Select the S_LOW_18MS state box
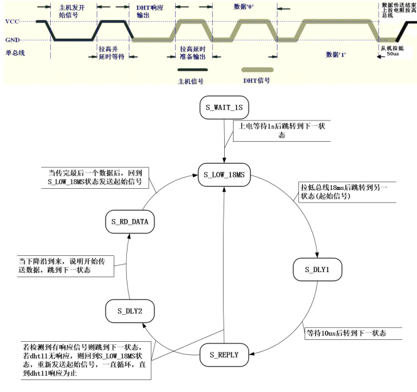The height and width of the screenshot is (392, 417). click(x=224, y=174)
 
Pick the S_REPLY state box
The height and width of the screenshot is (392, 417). click(x=224, y=356)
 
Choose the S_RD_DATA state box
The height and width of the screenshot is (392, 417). click(x=127, y=221)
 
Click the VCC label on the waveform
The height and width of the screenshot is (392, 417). click(x=12, y=21)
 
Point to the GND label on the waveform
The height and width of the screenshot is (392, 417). click(x=12, y=40)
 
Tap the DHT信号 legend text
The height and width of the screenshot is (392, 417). click(x=256, y=80)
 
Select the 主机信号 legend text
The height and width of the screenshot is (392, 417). click(x=192, y=80)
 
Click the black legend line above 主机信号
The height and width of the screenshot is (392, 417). click(x=192, y=70)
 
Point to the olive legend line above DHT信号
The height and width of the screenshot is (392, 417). click(x=257, y=70)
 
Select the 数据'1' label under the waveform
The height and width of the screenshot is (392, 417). click(x=336, y=55)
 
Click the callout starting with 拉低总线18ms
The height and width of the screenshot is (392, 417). click(x=347, y=192)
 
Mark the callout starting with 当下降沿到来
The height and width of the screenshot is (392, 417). click(x=65, y=265)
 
